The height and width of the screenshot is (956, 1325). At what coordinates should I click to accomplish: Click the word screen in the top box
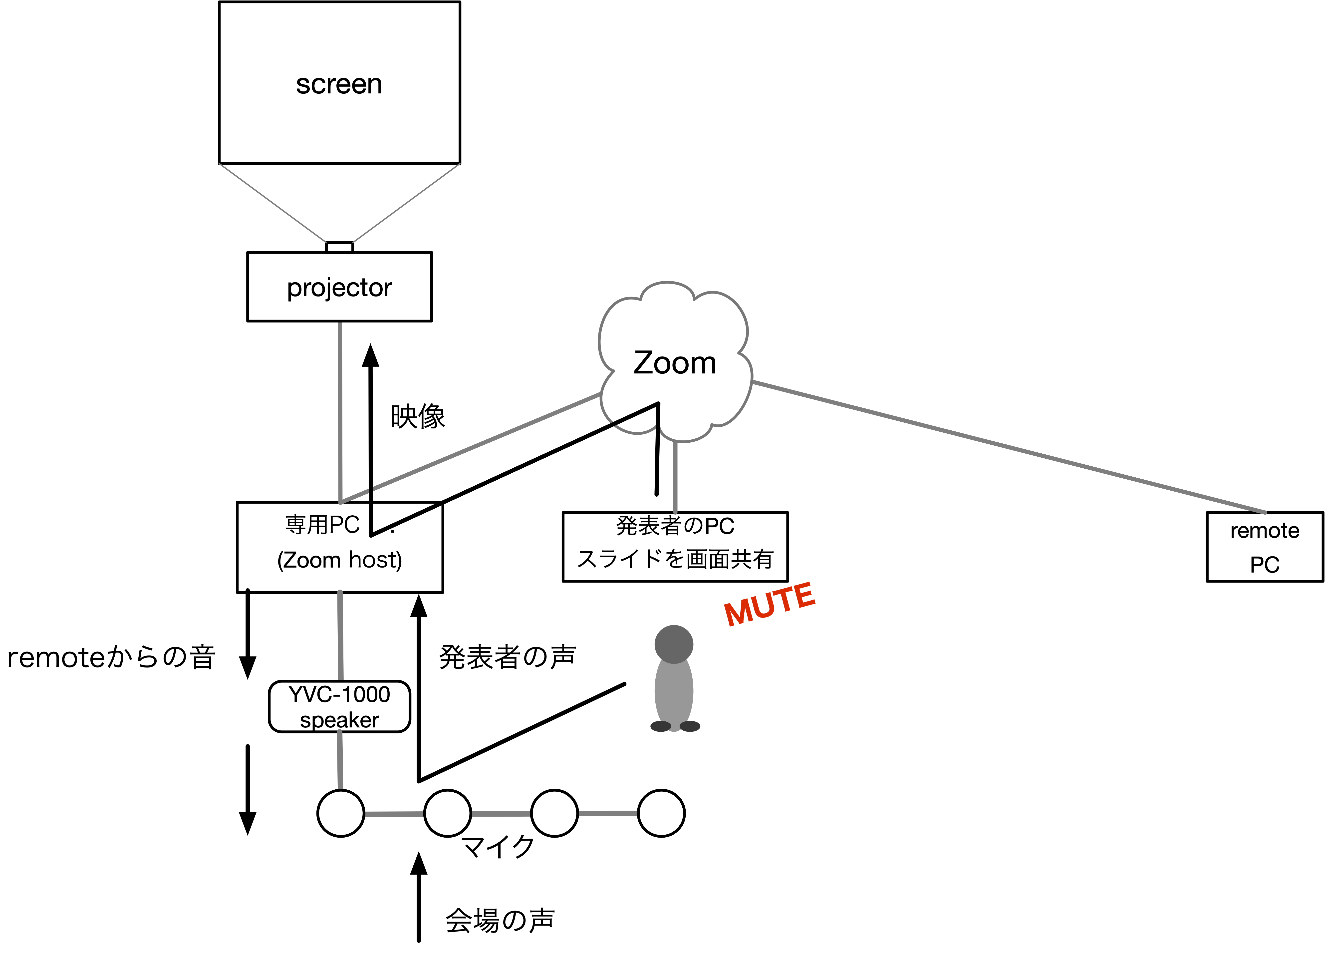[x=339, y=85]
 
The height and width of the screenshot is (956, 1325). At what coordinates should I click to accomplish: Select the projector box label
[x=339, y=288]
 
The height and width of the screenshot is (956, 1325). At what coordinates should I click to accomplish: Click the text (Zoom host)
[x=339, y=560]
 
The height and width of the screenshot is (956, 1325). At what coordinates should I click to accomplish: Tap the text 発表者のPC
[x=675, y=526]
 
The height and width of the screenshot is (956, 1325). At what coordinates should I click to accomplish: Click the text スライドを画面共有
[x=675, y=559]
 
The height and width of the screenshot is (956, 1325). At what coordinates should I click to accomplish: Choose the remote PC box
[x=1264, y=547]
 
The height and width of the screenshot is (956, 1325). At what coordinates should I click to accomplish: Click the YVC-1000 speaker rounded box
[x=339, y=706]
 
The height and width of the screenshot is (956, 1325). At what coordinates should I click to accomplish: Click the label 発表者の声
[x=507, y=657]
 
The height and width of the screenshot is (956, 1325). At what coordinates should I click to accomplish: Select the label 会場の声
[x=500, y=920]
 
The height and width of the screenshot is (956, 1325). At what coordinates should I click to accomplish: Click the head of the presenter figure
[x=674, y=644]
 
